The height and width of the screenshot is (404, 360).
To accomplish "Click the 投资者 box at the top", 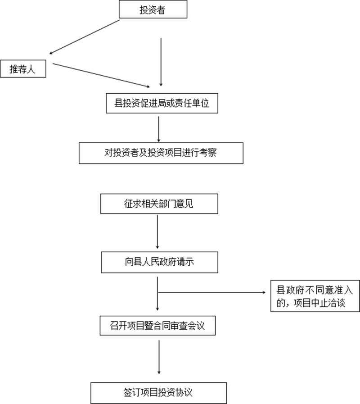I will (x=153, y=10).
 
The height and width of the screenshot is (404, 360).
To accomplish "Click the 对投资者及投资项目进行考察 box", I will (x=161, y=153).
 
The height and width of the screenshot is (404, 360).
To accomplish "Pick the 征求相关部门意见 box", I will (x=159, y=204).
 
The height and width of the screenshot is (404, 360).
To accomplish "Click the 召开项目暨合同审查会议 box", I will (x=157, y=325).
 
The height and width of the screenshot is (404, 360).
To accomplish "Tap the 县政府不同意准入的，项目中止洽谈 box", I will (x=315, y=296).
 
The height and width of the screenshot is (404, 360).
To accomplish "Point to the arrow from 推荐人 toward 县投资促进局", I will (x=101, y=75).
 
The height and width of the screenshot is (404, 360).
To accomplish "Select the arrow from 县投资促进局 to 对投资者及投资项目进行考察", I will (x=158, y=129).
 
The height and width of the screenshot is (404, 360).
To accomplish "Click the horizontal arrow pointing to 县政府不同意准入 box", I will (x=211, y=292).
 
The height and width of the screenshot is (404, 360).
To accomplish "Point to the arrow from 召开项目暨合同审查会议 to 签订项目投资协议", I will (x=159, y=356).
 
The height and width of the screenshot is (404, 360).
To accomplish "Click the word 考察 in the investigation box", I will (x=208, y=153).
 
